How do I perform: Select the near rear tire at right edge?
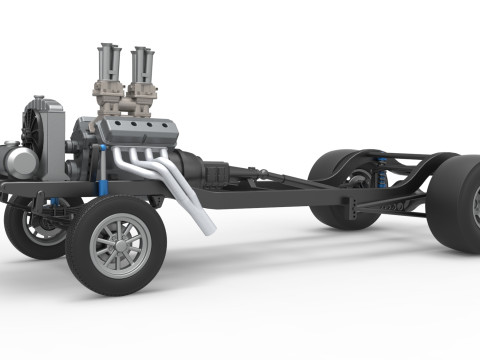pos(456,204)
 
